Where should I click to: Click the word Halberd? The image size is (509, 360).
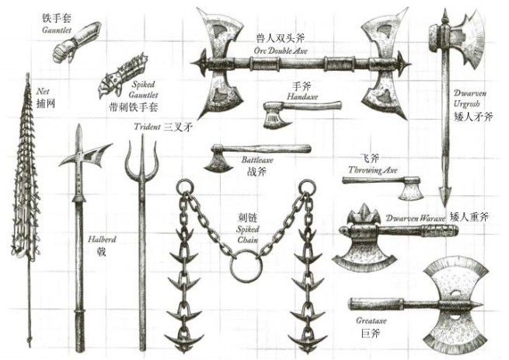point(102,239)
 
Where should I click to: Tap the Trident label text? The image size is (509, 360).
point(147,127)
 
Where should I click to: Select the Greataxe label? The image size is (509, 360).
point(371,321)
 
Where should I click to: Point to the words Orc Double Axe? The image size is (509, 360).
point(281,51)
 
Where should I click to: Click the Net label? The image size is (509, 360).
point(43,91)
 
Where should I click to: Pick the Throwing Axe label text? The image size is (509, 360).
point(373,170)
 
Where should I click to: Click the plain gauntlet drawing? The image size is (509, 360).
point(75,42)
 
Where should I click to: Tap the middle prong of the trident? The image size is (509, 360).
point(142,152)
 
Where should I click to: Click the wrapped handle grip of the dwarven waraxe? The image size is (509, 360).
point(439,231)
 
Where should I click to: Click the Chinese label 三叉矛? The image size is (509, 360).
point(177,127)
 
